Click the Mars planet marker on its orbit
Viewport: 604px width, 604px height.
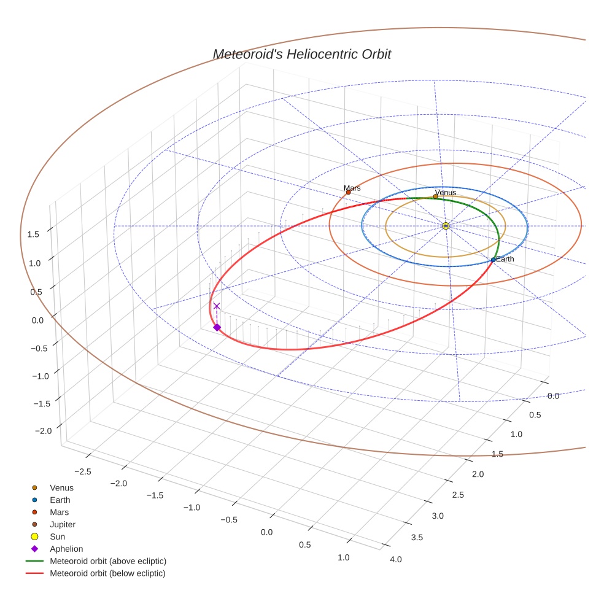click(x=348, y=192)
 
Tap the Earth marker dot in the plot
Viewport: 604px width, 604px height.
click(x=493, y=260)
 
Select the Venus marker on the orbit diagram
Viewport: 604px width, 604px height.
click(x=435, y=196)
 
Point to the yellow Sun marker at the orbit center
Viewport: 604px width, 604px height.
click(x=446, y=226)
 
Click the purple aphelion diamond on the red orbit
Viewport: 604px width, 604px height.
click(x=217, y=328)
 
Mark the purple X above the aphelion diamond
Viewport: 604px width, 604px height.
click(x=216, y=306)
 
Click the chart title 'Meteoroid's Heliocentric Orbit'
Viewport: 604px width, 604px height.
click(x=301, y=54)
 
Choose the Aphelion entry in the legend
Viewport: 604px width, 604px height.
click(x=66, y=549)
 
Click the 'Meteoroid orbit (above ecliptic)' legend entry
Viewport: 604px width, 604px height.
click(x=107, y=561)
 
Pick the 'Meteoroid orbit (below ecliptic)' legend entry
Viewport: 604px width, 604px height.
click(x=107, y=573)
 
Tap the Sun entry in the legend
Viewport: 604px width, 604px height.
click(x=58, y=536)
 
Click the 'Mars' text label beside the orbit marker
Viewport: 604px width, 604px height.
click(x=352, y=188)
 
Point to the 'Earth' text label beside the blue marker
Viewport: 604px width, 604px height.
click(x=505, y=259)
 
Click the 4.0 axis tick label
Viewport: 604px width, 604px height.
click(x=395, y=559)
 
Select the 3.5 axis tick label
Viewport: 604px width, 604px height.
click(x=417, y=538)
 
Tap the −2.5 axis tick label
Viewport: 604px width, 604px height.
click(x=83, y=471)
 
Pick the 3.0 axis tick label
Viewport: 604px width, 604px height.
click(x=437, y=516)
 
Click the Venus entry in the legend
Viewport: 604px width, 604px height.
click(x=61, y=487)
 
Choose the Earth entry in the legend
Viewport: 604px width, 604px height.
click(x=60, y=500)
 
